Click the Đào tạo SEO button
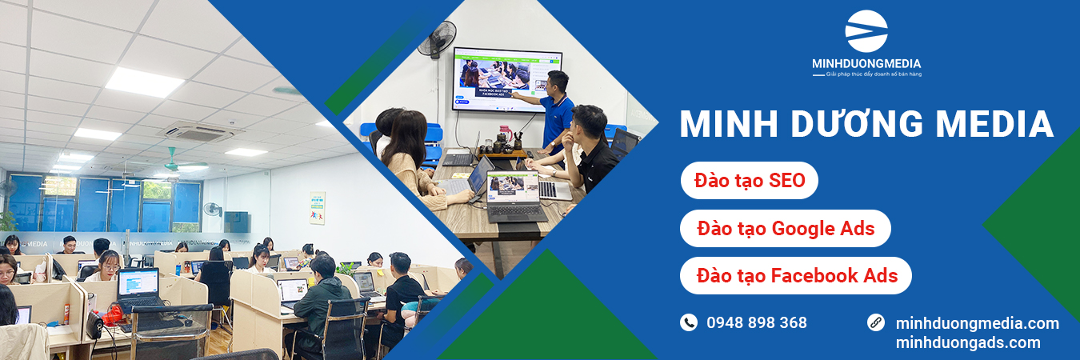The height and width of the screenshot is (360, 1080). (x=749, y=179)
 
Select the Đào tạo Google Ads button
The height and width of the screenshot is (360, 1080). (x=785, y=229)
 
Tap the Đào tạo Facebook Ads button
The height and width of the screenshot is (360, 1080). (x=796, y=276)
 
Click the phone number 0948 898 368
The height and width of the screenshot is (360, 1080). (x=757, y=322)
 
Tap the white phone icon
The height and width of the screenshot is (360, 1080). (x=689, y=322)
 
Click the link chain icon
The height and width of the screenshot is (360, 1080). (x=876, y=322)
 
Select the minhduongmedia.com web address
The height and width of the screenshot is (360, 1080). (x=977, y=323)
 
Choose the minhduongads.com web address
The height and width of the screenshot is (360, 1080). (x=968, y=343)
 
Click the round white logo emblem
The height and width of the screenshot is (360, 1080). (x=866, y=31)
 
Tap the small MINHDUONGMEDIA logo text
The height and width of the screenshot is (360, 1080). (x=866, y=63)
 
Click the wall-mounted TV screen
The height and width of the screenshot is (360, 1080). (x=507, y=79)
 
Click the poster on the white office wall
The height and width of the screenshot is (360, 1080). (x=317, y=207)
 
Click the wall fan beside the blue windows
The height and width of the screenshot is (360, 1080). (x=212, y=210)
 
